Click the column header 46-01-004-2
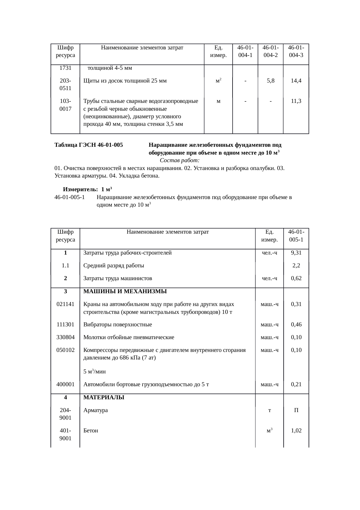point(270,51)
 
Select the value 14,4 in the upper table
point(296,81)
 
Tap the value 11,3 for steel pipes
point(296,101)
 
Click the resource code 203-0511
point(65,85)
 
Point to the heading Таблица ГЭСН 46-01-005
point(89,145)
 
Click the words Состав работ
point(179,161)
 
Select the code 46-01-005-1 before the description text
point(69,198)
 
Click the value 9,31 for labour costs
point(296,253)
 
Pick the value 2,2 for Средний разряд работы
point(296,266)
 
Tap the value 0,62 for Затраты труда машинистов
point(296,278)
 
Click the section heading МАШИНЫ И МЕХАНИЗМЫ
point(125,291)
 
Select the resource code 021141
point(65,305)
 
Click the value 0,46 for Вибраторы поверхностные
point(296,325)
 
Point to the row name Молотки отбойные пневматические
point(129,337)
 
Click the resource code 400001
point(65,384)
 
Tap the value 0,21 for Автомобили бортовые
point(296,384)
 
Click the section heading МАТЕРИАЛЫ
point(104,398)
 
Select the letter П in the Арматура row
point(296,411)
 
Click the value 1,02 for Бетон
point(296,431)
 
